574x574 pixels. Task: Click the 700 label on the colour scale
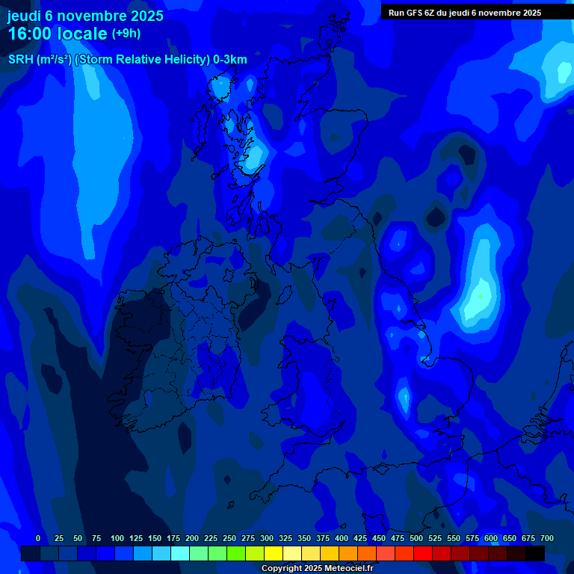coord(547,538)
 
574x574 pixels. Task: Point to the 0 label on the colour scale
coord(38,538)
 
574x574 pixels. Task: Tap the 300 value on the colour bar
coord(267,538)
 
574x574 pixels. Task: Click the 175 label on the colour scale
coord(173,538)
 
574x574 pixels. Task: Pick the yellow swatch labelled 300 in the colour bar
coord(274,553)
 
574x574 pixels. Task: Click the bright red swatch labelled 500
coord(423,553)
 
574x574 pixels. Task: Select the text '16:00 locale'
coord(58,34)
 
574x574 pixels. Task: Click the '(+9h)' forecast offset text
coord(126,33)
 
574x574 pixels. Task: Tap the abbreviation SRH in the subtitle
coord(20,60)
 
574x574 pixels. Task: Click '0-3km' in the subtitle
coord(229,60)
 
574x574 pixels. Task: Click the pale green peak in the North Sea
coord(480,297)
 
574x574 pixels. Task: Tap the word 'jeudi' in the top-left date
coord(24,16)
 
